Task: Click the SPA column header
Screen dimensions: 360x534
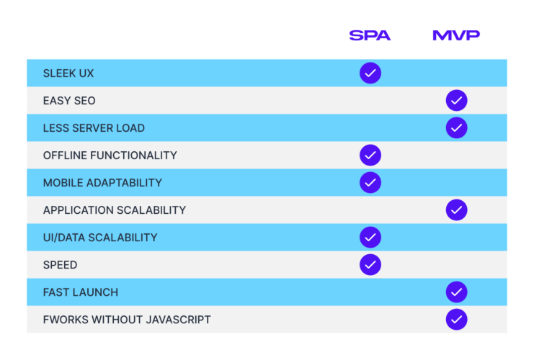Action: (x=370, y=35)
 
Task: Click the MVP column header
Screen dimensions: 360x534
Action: (x=456, y=35)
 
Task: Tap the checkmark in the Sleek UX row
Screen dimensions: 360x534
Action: (x=370, y=73)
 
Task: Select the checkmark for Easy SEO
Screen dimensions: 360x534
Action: (x=456, y=101)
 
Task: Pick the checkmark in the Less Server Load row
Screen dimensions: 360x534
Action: (x=456, y=128)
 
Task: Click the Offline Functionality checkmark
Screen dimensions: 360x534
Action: (x=370, y=156)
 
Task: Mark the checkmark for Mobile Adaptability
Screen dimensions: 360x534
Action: (x=370, y=183)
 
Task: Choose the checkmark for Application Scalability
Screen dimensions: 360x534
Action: (x=456, y=210)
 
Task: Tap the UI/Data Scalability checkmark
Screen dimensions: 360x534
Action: (x=370, y=238)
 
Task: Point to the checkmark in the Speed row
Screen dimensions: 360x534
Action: (x=370, y=265)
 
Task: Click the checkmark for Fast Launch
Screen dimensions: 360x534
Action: (x=456, y=292)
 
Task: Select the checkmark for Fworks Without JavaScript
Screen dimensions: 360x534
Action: (x=456, y=320)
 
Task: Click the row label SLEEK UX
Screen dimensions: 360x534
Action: (x=68, y=73)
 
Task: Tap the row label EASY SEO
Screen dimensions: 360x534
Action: (x=69, y=101)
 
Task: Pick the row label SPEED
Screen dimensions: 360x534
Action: (x=60, y=265)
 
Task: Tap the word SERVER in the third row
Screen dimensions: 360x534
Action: (x=94, y=128)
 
